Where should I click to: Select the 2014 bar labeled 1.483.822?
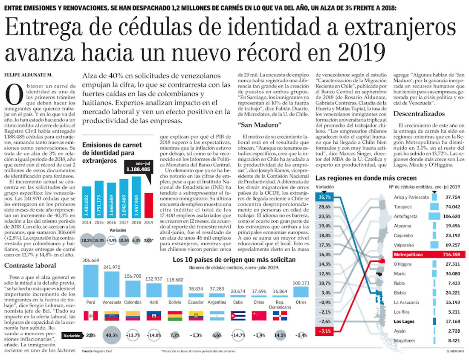point(87,203)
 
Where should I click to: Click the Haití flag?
point(154,316)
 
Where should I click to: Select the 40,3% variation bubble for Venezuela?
point(113,336)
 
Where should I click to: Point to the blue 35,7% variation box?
point(324,197)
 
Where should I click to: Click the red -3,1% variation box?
point(324,330)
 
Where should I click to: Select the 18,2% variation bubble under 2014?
point(87,240)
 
